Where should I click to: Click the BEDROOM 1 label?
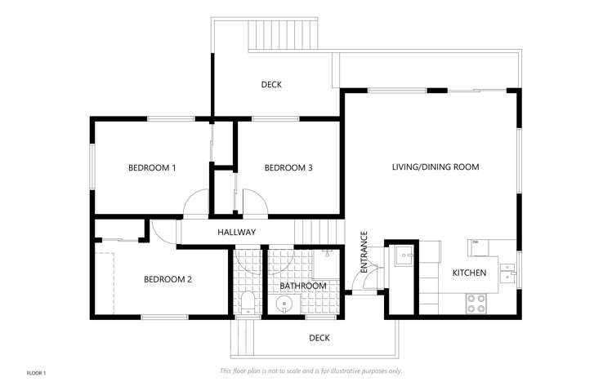[152, 168]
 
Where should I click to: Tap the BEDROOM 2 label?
[168, 279]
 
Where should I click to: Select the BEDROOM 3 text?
[288, 168]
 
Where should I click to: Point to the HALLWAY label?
[236, 233]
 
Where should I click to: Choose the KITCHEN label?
[470, 273]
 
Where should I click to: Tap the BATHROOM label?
[303, 286]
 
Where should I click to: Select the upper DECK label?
[271, 85]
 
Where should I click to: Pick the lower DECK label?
[319, 338]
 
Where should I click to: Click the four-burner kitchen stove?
[476, 303]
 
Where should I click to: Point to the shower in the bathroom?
[325, 263]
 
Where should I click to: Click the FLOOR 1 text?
[36, 373]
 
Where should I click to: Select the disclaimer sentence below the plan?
[310, 371]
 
